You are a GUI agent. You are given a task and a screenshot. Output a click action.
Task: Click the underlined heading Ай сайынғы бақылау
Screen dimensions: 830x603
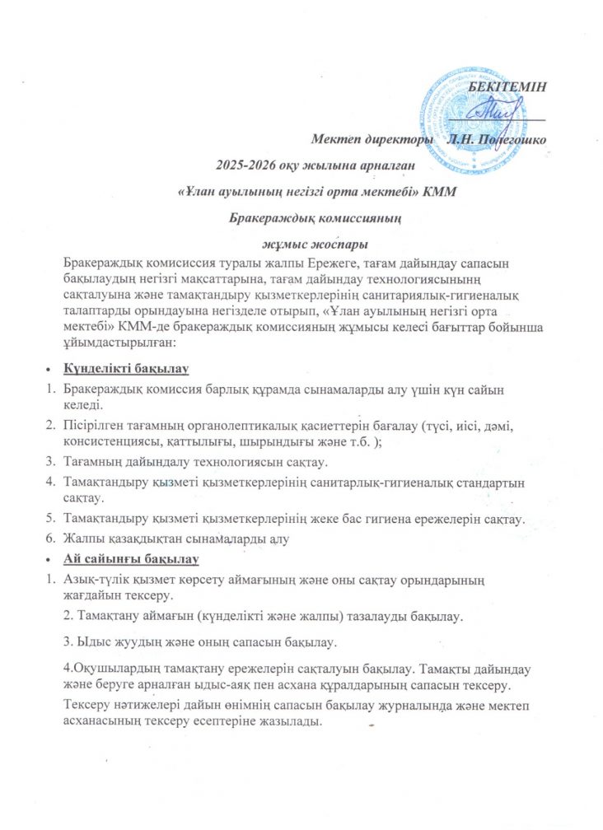[x=131, y=560]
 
